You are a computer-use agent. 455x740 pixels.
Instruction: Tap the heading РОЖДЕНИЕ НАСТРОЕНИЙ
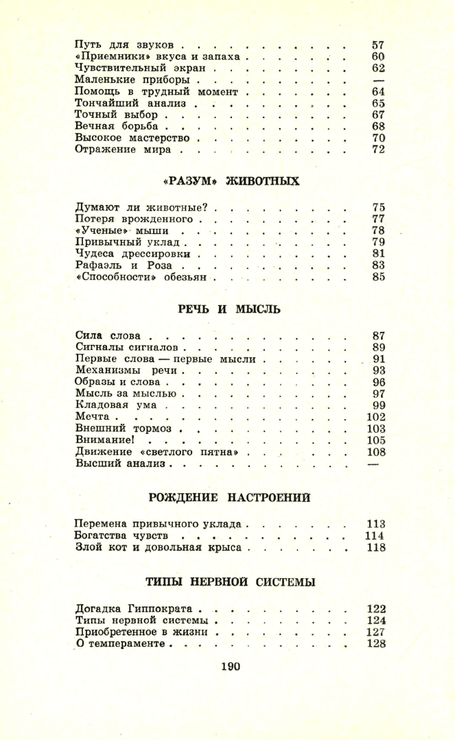coord(230,497)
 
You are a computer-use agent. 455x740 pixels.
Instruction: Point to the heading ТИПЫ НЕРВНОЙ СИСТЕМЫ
coord(230,582)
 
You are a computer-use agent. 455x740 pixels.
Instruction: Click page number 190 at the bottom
coord(231,665)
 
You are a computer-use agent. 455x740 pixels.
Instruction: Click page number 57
coord(377,44)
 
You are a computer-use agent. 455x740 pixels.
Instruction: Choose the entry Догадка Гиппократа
coord(135,608)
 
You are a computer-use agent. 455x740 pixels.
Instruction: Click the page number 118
coord(376,547)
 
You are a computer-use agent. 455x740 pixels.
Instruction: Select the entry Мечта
coord(93,416)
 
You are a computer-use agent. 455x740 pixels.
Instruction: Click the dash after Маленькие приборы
coord(377,80)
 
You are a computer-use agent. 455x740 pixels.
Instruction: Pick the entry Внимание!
coord(103,440)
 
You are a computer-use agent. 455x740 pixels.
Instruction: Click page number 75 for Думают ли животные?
coord(377,206)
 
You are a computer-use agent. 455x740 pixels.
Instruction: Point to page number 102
coord(376,416)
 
